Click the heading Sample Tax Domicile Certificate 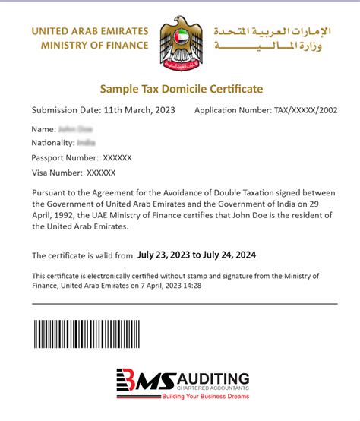[180, 89]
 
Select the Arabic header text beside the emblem [273, 39]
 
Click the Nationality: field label [52, 143]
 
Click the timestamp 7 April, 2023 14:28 [187, 285]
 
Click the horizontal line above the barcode [185, 303]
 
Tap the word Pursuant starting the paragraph [49, 193]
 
